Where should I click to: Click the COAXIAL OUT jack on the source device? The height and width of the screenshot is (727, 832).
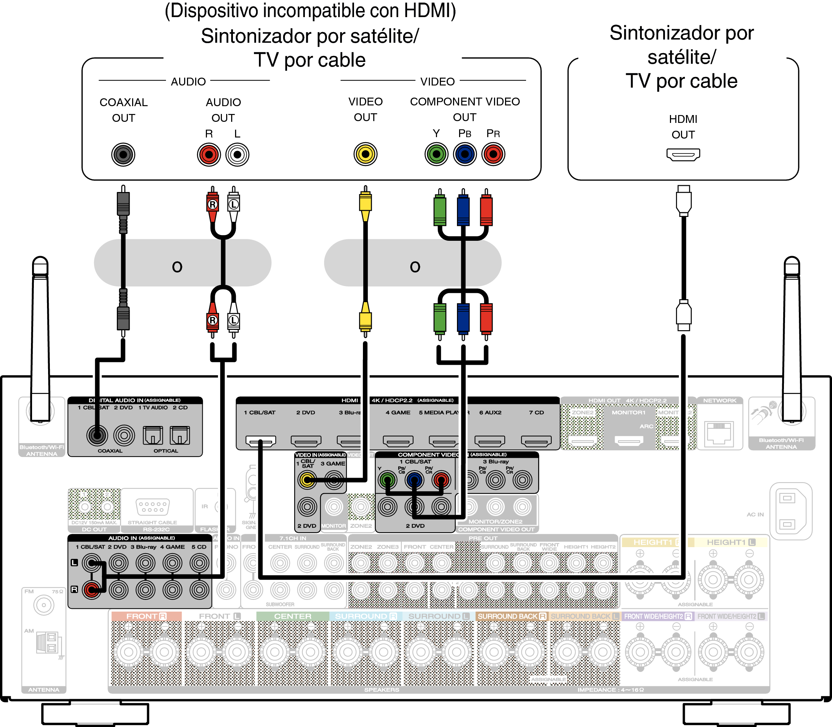point(123,155)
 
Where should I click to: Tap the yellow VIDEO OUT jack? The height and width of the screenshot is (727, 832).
point(365,154)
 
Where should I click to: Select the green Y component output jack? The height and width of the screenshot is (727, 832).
point(437,154)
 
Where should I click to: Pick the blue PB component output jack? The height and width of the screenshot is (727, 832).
point(465,154)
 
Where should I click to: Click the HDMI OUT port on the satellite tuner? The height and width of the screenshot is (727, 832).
point(683,155)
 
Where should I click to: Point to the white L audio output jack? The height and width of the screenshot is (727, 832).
point(237,155)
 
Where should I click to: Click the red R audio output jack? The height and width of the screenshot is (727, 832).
point(209,155)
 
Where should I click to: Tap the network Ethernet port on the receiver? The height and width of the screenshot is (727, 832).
point(719,433)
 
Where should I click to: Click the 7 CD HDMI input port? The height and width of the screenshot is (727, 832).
point(536,441)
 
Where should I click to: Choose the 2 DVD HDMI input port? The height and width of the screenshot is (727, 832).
point(306,441)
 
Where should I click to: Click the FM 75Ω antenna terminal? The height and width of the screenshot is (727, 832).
point(43,605)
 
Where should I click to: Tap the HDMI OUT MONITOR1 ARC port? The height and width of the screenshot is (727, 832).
point(629,440)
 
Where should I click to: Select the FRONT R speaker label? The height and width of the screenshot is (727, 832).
point(146,616)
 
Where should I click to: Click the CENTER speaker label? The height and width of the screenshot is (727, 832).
point(292,616)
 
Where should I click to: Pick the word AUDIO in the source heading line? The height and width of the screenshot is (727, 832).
point(188,82)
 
